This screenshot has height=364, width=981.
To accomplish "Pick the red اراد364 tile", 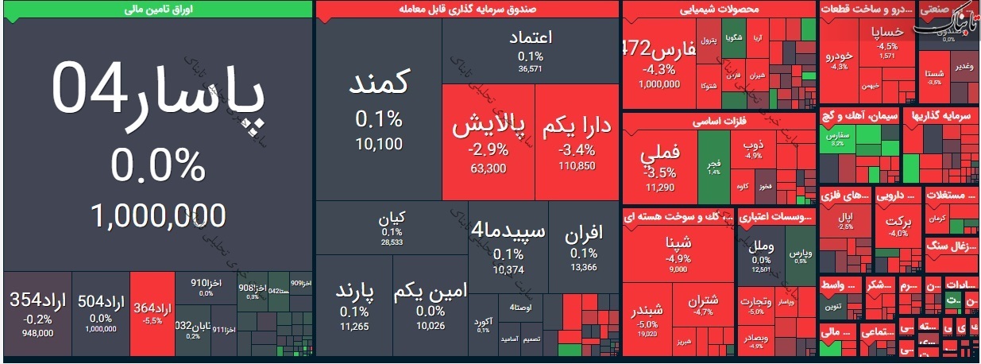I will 151,314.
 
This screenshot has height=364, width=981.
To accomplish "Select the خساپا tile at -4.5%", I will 887,40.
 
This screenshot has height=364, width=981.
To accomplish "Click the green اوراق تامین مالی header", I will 156,10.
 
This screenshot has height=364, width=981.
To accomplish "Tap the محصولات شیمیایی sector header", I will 719,10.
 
